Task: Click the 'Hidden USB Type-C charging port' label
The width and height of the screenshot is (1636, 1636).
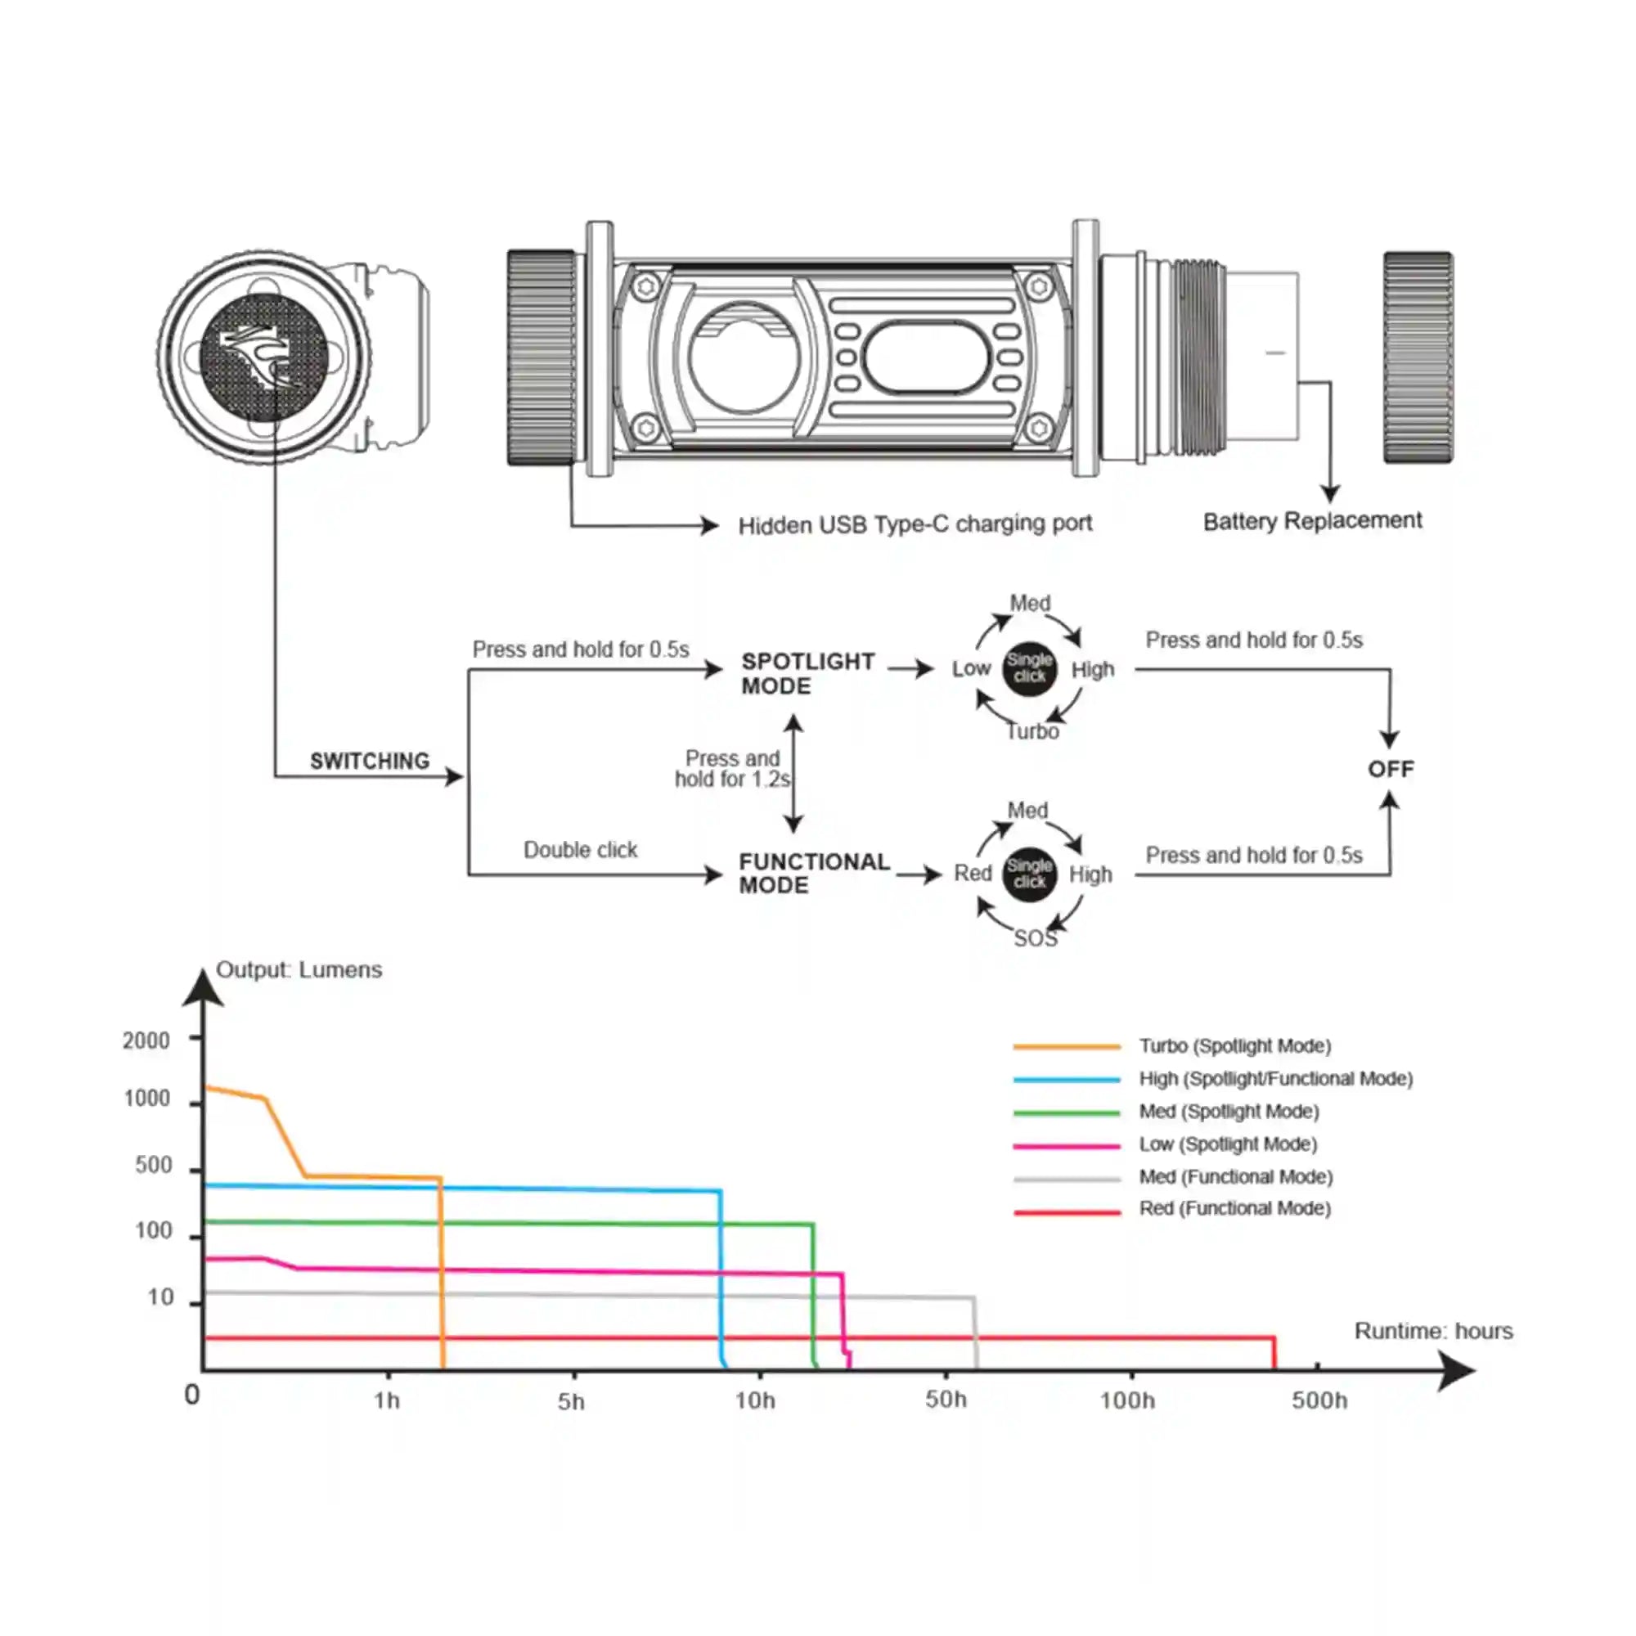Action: click(915, 525)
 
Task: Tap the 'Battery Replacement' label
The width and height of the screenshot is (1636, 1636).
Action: click(1312, 521)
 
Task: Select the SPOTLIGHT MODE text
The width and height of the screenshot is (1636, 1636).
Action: click(807, 673)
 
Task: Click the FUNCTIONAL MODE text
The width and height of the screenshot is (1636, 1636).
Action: click(813, 873)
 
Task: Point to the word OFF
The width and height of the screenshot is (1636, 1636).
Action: click(1391, 769)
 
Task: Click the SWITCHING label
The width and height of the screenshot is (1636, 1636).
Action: click(369, 762)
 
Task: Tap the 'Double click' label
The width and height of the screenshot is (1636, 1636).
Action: click(580, 849)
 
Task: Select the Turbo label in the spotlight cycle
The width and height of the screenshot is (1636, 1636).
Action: click(1032, 731)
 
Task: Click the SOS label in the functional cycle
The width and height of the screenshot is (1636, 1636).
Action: click(1035, 938)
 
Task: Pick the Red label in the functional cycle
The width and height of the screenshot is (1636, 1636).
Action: click(972, 873)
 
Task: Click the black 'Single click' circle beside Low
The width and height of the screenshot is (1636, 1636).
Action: click(1029, 668)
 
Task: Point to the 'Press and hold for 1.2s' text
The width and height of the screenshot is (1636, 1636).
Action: click(732, 769)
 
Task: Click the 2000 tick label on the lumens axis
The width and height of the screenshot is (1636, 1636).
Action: click(146, 1040)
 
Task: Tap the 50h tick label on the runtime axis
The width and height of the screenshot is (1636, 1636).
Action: click(945, 1400)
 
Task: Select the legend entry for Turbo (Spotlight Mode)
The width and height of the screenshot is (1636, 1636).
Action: click(1234, 1045)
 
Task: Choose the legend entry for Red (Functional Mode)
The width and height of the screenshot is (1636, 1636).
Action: click(1234, 1208)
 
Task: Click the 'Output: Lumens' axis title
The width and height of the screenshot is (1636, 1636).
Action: click(299, 969)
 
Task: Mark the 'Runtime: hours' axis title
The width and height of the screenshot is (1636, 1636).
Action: click(1433, 1331)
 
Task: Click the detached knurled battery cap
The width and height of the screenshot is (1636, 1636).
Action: click(1418, 357)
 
